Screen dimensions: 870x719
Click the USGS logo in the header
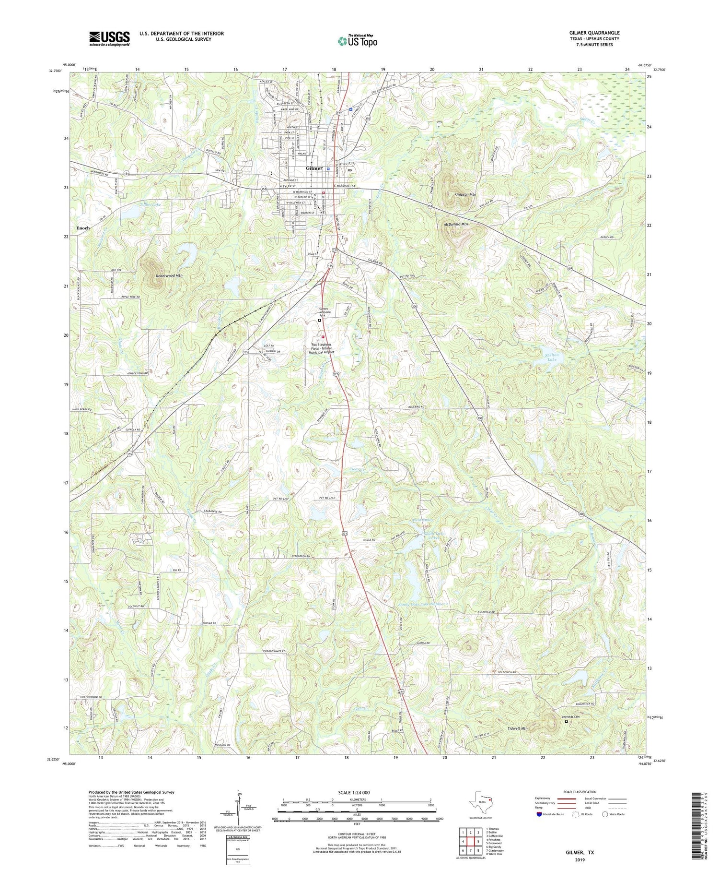click(x=109, y=38)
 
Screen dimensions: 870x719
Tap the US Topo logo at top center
click(x=357, y=41)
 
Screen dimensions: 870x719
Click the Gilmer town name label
click(x=314, y=168)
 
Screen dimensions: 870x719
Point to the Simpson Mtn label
click(x=465, y=195)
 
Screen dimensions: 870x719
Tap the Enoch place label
click(x=83, y=228)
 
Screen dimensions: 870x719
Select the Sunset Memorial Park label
click(x=326, y=312)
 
